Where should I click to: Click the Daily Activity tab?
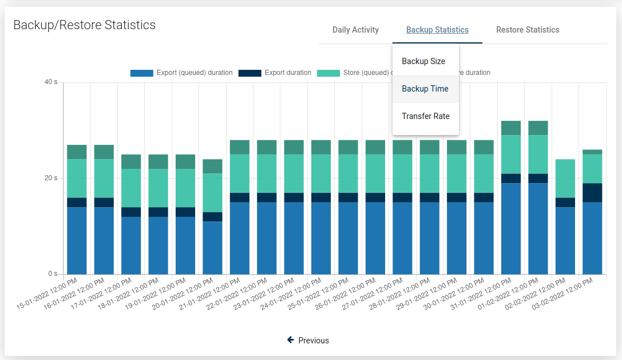355,30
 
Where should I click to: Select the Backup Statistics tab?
437,30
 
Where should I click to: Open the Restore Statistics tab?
528,30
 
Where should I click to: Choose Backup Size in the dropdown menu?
423,61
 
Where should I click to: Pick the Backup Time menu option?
425,89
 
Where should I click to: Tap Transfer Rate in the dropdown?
426,116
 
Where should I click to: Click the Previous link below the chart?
308,341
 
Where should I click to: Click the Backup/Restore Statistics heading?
84,25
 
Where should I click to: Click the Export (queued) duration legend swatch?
142,73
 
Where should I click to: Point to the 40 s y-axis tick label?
51,82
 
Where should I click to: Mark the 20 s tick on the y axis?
51,178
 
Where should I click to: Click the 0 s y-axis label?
52,274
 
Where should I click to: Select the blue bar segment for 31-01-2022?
511,229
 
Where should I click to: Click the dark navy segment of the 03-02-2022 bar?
592,192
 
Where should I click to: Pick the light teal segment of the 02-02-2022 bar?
565,179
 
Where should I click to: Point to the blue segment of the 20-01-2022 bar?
212,248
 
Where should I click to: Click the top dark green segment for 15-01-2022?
77,152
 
